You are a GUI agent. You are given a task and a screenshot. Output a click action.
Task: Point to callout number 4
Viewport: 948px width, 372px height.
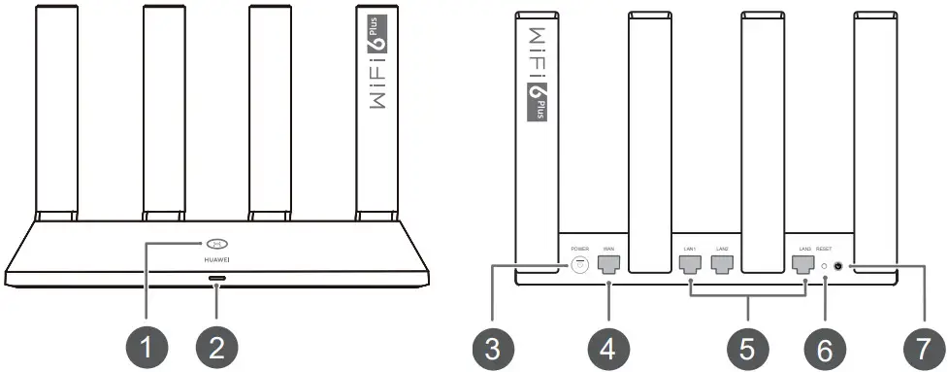coord(608,344)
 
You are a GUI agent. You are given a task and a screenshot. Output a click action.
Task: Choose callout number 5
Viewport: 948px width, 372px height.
coord(747,344)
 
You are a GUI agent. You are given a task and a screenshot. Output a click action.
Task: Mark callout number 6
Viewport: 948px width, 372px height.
coord(825,344)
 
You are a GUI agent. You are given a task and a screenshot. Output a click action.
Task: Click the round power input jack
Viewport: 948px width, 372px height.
coord(580,263)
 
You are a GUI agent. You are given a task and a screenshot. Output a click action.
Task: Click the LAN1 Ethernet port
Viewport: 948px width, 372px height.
coord(691,263)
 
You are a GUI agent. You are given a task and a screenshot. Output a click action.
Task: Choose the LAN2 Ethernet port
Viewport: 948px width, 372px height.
coord(722,263)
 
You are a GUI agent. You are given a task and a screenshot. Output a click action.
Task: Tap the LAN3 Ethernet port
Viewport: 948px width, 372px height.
coord(803,263)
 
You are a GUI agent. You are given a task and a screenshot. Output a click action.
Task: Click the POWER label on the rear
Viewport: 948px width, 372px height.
coord(580,248)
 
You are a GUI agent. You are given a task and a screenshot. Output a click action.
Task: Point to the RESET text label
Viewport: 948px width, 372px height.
coord(825,249)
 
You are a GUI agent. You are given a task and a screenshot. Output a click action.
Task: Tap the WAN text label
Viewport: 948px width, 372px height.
coord(608,248)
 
